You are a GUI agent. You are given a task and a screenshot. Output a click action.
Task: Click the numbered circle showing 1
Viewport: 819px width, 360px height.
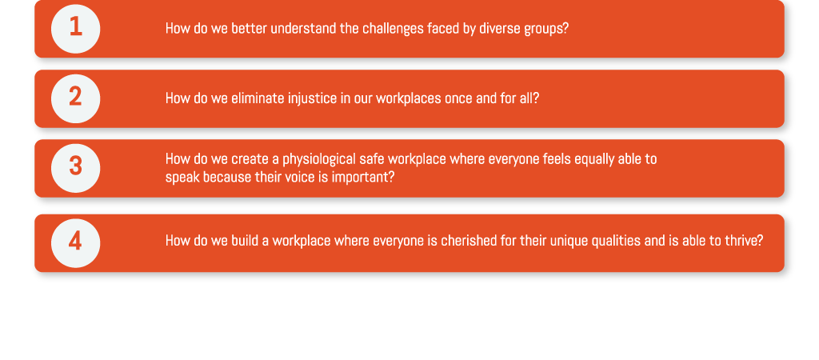click(x=76, y=29)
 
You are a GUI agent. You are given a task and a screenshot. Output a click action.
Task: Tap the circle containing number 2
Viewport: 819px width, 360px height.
click(x=76, y=98)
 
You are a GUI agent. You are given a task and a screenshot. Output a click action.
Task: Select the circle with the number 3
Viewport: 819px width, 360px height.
click(x=76, y=168)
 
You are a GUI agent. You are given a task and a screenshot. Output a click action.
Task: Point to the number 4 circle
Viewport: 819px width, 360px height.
click(x=76, y=243)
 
